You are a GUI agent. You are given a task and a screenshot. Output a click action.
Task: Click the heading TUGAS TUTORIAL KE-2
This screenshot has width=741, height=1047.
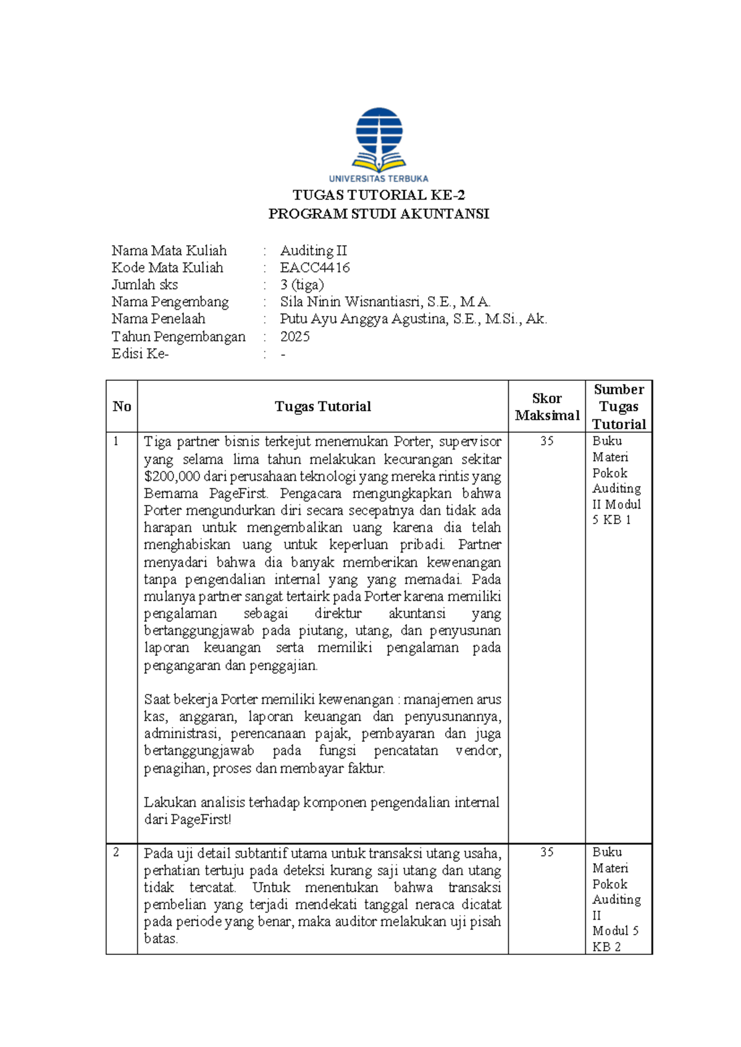pyautogui.click(x=379, y=196)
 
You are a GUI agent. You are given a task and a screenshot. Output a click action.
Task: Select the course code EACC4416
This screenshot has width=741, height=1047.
pyautogui.click(x=315, y=268)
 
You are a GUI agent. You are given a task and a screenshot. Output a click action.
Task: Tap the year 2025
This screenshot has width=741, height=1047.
pyautogui.click(x=295, y=336)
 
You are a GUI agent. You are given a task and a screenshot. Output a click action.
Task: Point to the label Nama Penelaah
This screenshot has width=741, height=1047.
pyautogui.click(x=158, y=319)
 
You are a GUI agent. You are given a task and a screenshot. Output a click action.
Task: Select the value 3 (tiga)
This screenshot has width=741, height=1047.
pyautogui.click(x=302, y=285)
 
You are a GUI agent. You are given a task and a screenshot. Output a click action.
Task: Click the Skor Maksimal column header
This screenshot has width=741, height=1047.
pyautogui.click(x=546, y=407)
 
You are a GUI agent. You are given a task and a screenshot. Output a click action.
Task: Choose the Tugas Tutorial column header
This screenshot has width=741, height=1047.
pyautogui.click(x=322, y=407)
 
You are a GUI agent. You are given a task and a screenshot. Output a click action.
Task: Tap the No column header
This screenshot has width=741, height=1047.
pyautogui.click(x=122, y=407)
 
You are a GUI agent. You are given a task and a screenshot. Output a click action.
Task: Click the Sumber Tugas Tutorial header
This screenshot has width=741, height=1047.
pyautogui.click(x=619, y=407)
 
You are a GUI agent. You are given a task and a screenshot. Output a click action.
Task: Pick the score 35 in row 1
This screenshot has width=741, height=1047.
pyautogui.click(x=546, y=441)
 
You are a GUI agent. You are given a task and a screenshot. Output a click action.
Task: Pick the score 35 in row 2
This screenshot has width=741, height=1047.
pyautogui.click(x=546, y=853)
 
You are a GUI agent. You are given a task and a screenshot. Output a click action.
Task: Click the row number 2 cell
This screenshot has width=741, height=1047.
pyautogui.click(x=117, y=853)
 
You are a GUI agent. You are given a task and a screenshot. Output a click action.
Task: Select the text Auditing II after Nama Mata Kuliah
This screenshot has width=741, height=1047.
pyautogui.click(x=313, y=251)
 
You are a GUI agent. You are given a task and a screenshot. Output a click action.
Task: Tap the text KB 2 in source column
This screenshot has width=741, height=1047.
pyautogui.click(x=606, y=947)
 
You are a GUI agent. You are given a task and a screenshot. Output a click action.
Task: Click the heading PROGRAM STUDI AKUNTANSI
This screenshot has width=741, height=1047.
pyautogui.click(x=379, y=214)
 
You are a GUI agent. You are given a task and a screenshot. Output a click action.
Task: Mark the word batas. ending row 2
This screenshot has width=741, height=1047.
pyautogui.click(x=161, y=939)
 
